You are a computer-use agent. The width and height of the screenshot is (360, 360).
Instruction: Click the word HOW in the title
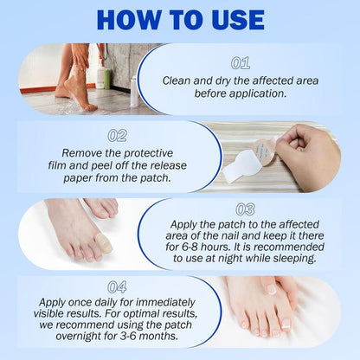coord(124,20)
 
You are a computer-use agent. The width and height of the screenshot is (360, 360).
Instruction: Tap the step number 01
coord(241,63)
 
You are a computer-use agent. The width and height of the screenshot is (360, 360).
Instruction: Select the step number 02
coord(118,136)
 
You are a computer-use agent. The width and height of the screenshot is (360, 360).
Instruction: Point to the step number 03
coord(245,209)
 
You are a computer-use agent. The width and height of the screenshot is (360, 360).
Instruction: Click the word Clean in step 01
coord(178,80)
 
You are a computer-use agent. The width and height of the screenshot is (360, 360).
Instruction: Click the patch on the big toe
coord(103,246)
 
